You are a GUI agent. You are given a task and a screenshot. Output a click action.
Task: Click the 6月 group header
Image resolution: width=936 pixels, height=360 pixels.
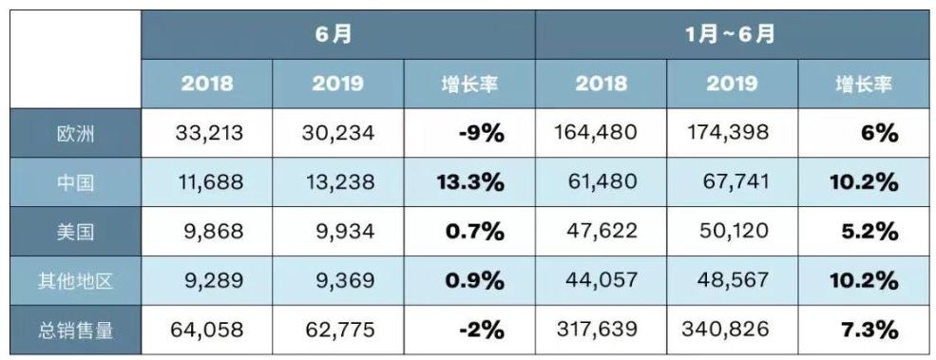click(x=337, y=35)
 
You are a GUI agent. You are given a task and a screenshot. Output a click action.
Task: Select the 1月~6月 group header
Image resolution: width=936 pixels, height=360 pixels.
click(x=730, y=35)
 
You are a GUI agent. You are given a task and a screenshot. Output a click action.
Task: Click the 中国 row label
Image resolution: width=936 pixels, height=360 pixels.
click(x=75, y=182)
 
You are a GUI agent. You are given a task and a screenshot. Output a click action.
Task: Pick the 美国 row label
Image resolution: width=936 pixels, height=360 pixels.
click(x=75, y=232)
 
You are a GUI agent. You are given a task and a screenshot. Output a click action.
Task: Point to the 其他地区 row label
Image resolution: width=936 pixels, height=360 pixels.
click(x=75, y=281)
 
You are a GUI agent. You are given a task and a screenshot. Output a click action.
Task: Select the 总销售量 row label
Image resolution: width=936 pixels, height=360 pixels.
click(x=75, y=330)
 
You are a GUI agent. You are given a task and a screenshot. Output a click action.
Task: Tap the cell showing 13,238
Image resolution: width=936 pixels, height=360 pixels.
click(x=338, y=182)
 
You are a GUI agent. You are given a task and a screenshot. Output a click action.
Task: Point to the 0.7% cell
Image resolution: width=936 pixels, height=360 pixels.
click(x=469, y=232)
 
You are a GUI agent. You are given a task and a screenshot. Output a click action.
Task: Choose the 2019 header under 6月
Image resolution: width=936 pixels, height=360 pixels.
click(x=338, y=84)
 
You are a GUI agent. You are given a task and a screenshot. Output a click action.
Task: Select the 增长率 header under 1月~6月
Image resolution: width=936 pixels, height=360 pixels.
click(x=863, y=84)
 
